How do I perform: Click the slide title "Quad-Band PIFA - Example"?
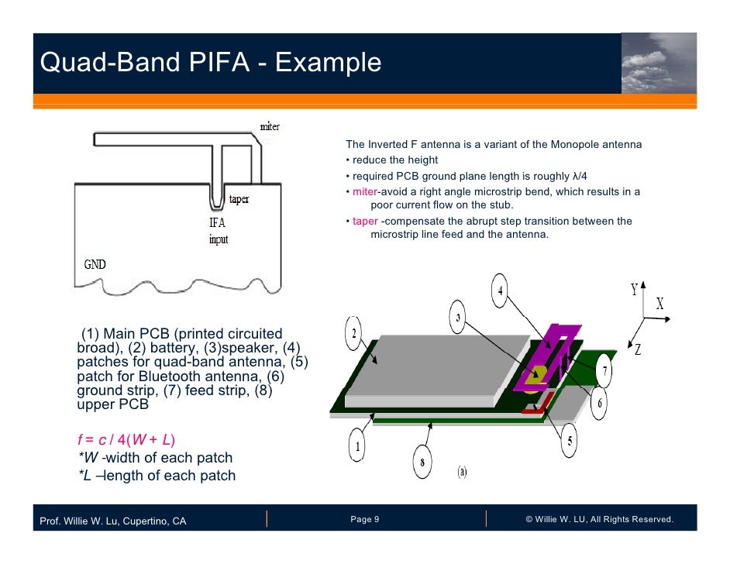[211, 62]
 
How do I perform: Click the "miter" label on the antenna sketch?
[269, 126]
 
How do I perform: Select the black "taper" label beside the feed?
[238, 199]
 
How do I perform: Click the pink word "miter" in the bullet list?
[364, 191]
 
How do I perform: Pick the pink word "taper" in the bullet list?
[365, 221]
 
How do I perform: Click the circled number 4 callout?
[501, 291]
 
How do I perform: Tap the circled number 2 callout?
[354, 334]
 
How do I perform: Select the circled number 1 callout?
[358, 447]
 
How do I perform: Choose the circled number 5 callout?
[570, 442]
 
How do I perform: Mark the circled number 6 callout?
[599, 405]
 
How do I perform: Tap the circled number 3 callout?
[459, 318]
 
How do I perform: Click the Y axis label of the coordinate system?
[634, 291]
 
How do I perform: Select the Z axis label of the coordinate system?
[638, 349]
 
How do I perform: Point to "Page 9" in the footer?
[364, 519]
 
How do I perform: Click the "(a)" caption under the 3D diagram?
[462, 470]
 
